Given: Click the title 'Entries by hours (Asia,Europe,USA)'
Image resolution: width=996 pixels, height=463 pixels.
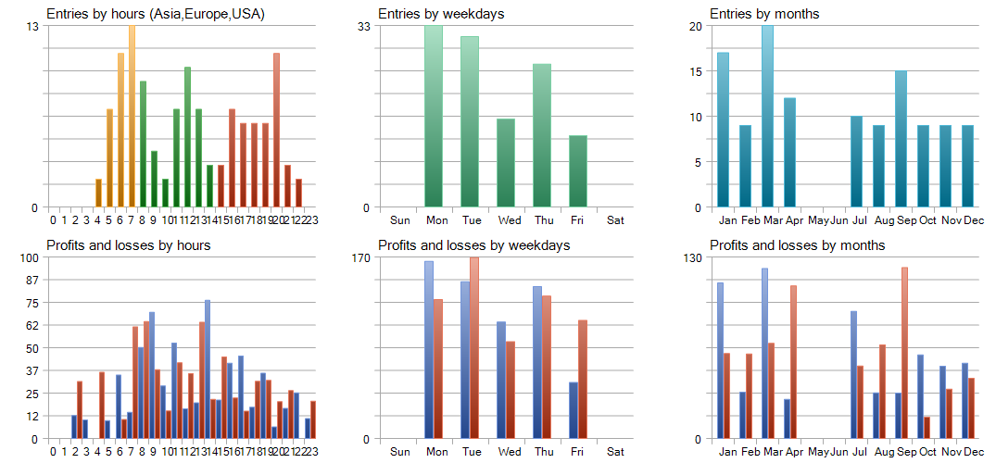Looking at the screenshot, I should (156, 15).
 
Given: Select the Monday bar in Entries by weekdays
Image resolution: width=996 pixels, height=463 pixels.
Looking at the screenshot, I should (434, 117).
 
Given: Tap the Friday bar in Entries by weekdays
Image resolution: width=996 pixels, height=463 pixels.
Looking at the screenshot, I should (578, 171).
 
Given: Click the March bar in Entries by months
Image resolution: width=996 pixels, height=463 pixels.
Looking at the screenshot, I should (767, 117).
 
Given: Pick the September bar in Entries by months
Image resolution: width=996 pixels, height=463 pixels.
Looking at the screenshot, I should (901, 139).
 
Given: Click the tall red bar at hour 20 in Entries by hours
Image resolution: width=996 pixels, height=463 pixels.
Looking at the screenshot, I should (276, 130).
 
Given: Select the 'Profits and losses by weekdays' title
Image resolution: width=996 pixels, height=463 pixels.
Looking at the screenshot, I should (473, 245).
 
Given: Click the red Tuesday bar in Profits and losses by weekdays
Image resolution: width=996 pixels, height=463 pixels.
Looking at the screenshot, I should (474, 348).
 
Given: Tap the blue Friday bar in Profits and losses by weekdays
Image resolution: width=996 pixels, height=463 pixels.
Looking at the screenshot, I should (574, 410).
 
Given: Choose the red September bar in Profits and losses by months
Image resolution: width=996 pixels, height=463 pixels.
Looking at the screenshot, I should (904, 353).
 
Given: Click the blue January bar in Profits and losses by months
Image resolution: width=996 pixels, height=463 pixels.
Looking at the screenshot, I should (720, 360).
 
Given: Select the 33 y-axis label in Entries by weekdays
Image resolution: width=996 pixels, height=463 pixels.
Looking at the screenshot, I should (364, 26).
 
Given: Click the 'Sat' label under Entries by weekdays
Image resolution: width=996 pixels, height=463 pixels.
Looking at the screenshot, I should (615, 220).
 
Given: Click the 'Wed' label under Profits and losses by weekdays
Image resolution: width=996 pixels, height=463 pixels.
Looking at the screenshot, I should (509, 452).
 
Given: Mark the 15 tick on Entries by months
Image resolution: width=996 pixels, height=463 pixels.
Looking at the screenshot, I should (696, 71).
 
